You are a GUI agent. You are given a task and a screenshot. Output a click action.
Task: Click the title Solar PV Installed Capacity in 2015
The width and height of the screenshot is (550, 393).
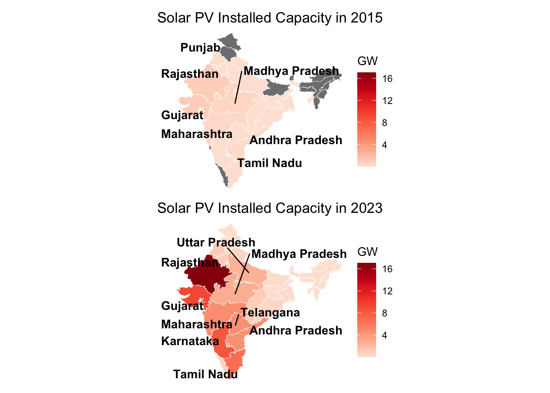click(x=270, y=18)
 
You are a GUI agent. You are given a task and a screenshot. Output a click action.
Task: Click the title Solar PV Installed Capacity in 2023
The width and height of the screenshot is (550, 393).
click(x=270, y=208)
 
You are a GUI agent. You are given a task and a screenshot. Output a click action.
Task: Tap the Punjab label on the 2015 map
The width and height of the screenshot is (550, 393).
click(x=200, y=48)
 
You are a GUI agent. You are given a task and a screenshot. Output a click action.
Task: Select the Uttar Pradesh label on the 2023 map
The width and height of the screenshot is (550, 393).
click(x=216, y=242)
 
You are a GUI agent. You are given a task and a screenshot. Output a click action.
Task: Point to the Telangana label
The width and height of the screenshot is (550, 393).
click(x=270, y=313)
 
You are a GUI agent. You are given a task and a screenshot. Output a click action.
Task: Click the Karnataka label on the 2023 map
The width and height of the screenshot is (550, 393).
click(x=190, y=341)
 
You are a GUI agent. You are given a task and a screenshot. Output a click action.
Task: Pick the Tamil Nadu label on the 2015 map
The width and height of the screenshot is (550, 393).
click(x=270, y=163)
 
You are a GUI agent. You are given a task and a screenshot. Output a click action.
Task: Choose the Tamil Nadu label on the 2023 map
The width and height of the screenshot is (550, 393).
click(x=205, y=374)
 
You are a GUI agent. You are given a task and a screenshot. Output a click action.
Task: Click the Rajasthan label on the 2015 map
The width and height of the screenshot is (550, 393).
click(x=190, y=74)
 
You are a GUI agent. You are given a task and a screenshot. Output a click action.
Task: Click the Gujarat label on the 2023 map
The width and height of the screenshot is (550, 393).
click(x=182, y=306)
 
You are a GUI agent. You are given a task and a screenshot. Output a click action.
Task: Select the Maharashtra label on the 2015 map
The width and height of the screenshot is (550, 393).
click(x=196, y=134)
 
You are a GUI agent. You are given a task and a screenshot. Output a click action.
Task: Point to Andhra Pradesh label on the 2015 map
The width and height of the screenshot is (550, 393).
click(x=295, y=140)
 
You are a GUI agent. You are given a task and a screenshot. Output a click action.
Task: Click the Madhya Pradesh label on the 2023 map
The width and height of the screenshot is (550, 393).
click(x=299, y=254)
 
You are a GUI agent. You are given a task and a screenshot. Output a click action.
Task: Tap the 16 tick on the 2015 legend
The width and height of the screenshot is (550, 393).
click(x=387, y=79)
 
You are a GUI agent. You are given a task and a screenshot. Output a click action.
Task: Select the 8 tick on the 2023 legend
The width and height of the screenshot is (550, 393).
click(x=384, y=314)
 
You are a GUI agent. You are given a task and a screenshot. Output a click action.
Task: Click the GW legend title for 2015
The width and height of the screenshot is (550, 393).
click(x=367, y=61)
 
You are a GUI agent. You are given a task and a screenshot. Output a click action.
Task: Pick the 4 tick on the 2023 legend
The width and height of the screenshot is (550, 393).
click(x=384, y=336)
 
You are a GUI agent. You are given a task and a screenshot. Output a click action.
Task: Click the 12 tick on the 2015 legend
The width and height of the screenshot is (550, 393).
click(x=387, y=101)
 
